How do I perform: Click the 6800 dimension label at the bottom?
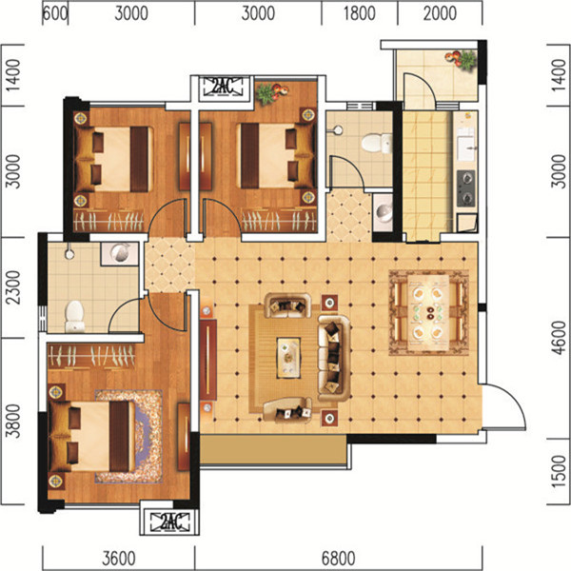[x=338, y=559]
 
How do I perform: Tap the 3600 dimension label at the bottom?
[x=119, y=559]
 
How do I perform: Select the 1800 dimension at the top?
[x=360, y=13]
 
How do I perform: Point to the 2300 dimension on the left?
[x=14, y=287]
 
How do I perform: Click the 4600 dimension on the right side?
[x=559, y=338]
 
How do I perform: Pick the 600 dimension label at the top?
[x=55, y=13]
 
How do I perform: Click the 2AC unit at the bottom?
[x=170, y=522]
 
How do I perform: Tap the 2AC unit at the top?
[x=222, y=87]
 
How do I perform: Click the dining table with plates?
[x=428, y=312]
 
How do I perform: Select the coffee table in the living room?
[x=288, y=358]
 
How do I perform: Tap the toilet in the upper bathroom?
[x=377, y=143]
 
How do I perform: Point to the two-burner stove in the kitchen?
[x=465, y=188]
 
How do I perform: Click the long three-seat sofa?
[x=334, y=359]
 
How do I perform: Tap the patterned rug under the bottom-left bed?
[x=128, y=436]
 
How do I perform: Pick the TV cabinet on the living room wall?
[x=207, y=360]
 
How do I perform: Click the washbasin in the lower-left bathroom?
[x=120, y=252]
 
